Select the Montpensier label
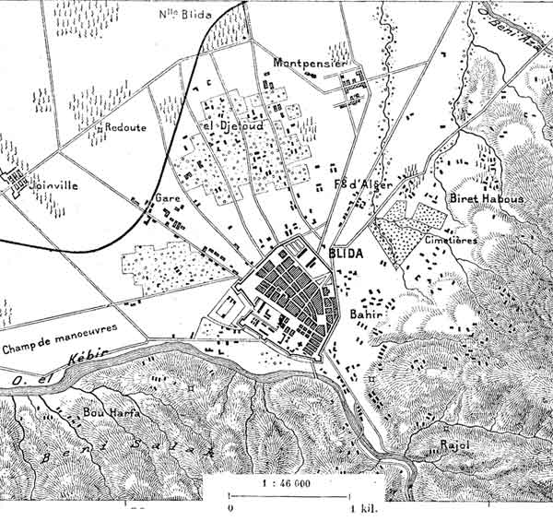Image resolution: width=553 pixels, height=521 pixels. click(x=309, y=62)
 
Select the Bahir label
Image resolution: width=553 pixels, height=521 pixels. click(x=367, y=314)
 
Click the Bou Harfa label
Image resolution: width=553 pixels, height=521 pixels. click(x=111, y=412)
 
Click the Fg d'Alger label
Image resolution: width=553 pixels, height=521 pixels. click(x=363, y=184)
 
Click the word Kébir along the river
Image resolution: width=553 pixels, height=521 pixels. click(x=93, y=356)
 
